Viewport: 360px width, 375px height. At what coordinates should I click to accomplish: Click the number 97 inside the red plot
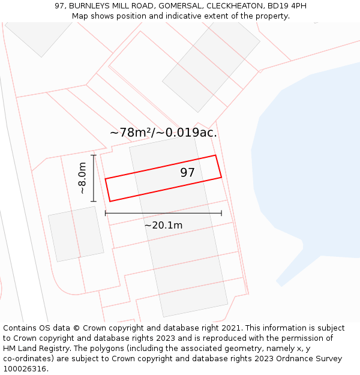click(x=187, y=173)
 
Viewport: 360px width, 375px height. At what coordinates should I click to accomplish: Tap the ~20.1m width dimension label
click(x=163, y=225)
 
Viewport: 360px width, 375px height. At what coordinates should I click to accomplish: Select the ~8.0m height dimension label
click(x=82, y=178)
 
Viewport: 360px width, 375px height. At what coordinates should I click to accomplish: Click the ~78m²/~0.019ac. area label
click(x=163, y=133)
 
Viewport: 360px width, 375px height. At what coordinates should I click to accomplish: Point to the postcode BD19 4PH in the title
click(x=285, y=5)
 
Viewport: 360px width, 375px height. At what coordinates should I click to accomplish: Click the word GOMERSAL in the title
click(x=179, y=5)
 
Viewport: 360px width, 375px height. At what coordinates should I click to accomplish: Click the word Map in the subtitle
click(x=80, y=16)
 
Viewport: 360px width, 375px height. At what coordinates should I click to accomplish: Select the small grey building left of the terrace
click(x=76, y=233)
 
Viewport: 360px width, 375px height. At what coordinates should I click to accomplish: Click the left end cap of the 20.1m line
click(x=106, y=213)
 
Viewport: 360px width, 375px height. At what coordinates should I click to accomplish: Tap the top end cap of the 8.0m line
click(x=94, y=155)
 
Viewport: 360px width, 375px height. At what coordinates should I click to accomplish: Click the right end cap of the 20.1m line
click(x=221, y=213)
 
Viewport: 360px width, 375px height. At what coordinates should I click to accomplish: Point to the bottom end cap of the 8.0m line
click(x=94, y=202)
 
